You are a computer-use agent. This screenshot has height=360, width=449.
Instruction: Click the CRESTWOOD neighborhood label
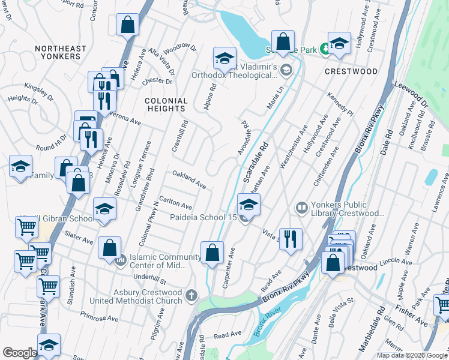(351, 71)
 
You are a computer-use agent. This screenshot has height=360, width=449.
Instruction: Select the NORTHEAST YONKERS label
(58, 52)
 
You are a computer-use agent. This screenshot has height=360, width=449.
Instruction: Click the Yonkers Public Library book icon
(302, 208)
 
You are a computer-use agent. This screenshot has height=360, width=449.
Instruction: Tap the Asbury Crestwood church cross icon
(191, 295)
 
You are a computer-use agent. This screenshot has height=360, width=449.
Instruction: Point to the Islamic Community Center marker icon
(120, 260)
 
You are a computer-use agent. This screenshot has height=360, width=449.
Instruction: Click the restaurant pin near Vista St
(291, 238)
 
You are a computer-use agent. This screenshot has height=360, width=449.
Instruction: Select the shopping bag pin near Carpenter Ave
(212, 252)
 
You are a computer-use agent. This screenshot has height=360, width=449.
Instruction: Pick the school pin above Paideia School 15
(249, 205)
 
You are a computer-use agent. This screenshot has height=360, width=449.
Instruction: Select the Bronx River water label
(267, 323)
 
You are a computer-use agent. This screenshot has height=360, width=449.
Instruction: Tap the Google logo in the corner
(20, 353)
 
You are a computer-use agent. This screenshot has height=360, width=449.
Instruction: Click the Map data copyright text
(411, 355)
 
